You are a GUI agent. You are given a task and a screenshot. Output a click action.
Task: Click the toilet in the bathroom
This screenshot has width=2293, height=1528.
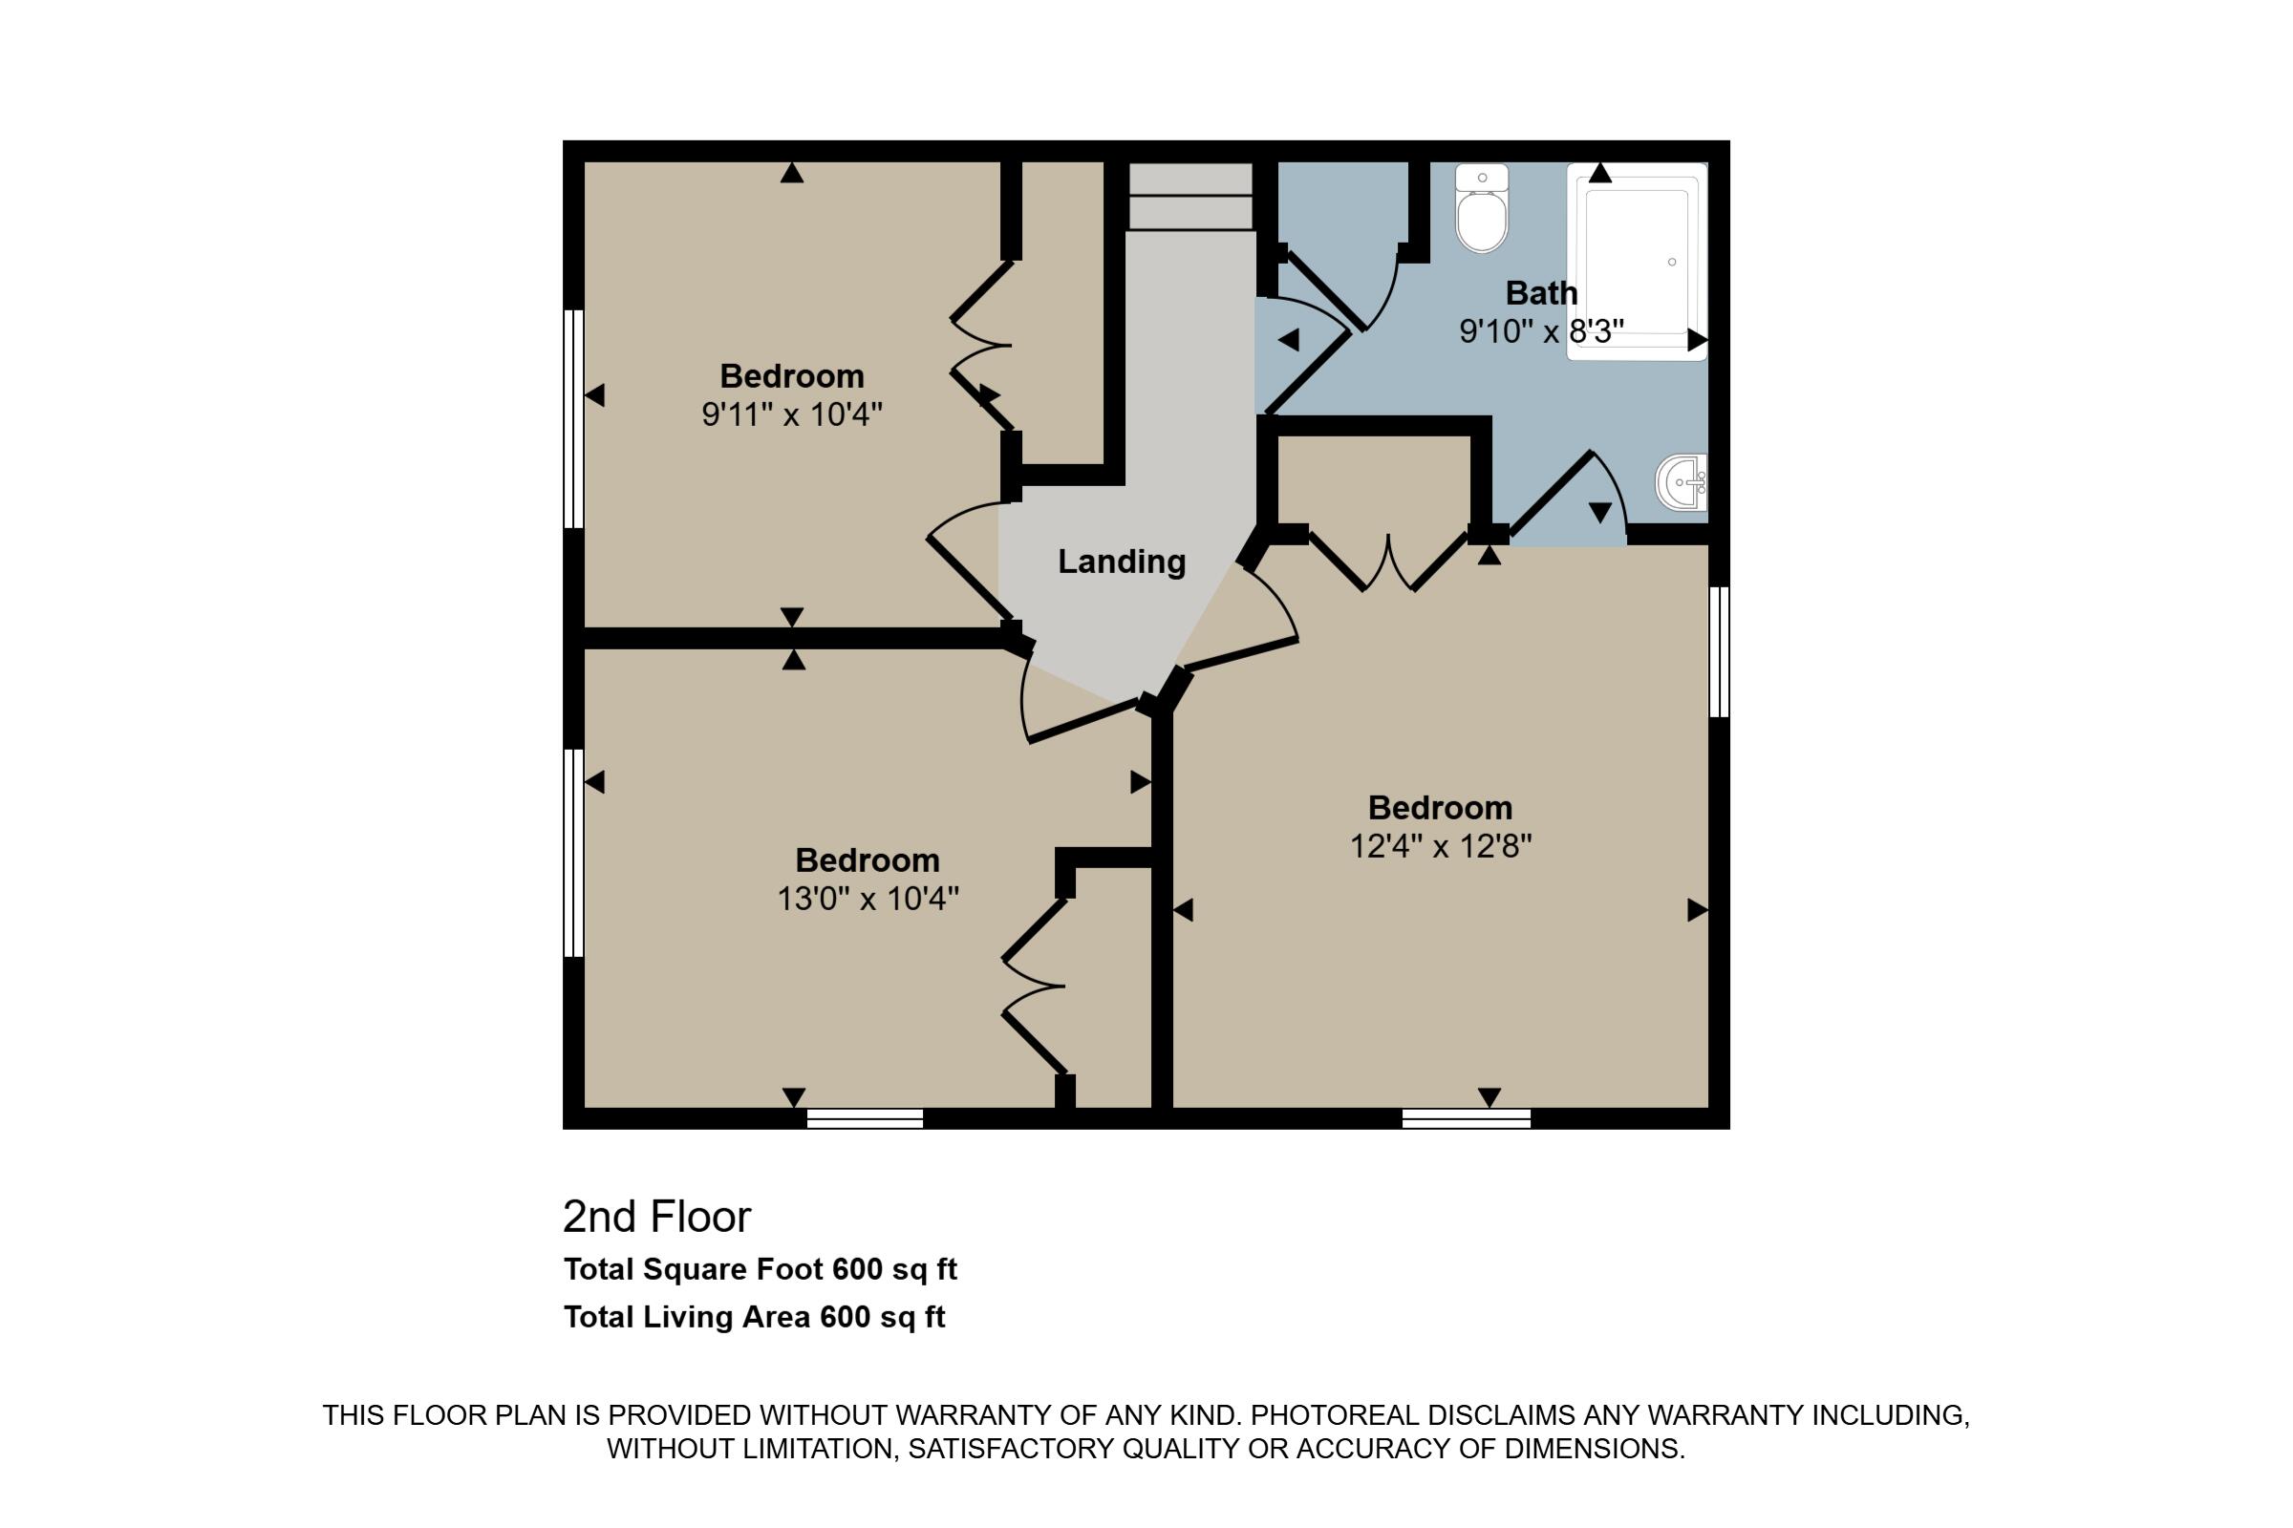[1482, 207]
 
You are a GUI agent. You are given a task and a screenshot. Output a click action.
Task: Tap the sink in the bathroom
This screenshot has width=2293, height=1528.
[1682, 482]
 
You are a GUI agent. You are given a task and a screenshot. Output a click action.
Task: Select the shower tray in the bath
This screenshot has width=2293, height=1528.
[1637, 262]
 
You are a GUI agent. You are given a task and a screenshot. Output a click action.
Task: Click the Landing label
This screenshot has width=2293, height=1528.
[1121, 562]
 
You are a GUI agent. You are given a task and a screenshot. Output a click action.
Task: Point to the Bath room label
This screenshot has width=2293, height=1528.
[1541, 292]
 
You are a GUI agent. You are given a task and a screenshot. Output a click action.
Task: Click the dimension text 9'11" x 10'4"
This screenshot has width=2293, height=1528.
[792, 415]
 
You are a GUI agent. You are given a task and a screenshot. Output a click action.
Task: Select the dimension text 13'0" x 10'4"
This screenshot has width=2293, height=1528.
[868, 899]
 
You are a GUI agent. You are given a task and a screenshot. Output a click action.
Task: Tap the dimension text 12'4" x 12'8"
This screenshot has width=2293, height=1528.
[1440, 846]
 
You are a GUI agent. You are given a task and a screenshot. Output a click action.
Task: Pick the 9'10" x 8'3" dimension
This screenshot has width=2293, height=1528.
[1541, 331]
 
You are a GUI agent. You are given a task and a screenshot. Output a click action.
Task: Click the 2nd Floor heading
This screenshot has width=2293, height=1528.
[657, 1216]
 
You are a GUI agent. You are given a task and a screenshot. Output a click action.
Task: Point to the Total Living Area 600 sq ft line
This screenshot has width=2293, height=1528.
[755, 1318]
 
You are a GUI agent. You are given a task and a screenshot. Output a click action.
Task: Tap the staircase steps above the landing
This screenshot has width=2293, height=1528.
[1190, 197]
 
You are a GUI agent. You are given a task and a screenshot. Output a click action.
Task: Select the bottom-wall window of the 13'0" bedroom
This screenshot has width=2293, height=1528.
[865, 1117]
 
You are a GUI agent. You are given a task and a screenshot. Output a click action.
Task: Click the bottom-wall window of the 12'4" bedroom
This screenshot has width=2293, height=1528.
[1467, 1117]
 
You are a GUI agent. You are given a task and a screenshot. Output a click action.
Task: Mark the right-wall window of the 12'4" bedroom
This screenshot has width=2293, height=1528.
[1720, 652]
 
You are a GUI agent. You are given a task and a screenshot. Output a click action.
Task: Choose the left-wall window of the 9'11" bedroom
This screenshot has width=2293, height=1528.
[573, 419]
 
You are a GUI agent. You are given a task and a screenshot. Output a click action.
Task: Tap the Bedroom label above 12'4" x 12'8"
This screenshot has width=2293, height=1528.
[1440, 808]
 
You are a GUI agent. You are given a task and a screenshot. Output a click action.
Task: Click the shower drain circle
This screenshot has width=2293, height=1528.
[1672, 262]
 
